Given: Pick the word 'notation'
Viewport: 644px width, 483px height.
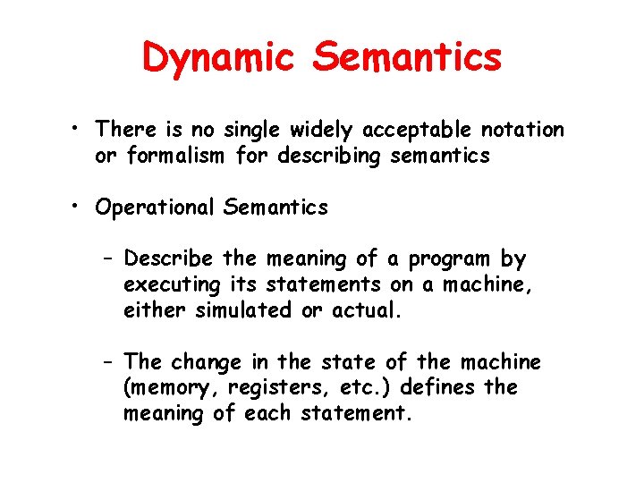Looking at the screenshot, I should (523, 130).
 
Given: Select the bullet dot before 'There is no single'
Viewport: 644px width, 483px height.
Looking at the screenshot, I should (80, 130).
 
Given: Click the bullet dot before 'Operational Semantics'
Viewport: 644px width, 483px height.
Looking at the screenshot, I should (80, 208).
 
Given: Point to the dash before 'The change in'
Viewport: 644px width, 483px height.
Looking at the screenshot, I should (107, 362).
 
